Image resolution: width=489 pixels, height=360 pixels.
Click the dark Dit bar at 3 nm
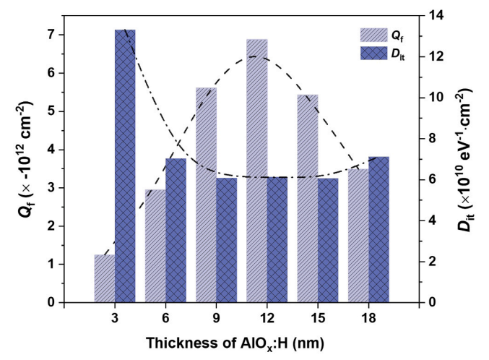(x=125, y=166)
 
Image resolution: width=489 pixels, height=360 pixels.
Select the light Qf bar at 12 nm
(x=256, y=171)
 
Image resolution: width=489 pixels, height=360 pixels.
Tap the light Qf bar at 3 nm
(x=105, y=278)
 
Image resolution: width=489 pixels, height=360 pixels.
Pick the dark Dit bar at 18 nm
(x=379, y=229)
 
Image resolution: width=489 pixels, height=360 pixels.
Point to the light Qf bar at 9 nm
(x=206, y=195)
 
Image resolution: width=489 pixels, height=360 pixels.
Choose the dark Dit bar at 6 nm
(x=176, y=231)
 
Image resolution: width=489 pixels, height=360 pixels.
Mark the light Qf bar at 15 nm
(x=308, y=198)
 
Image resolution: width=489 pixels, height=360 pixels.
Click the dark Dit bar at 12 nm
(x=277, y=240)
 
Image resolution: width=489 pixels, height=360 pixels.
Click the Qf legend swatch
(x=373, y=35)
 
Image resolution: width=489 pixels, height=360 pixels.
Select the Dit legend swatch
(x=373, y=53)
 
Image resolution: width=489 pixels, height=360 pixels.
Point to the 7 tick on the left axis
(x=61, y=35)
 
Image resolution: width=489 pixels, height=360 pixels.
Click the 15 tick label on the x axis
(x=318, y=318)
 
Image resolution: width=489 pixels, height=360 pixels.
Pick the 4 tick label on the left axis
(x=51, y=150)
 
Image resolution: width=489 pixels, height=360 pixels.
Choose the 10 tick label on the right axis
(x=436, y=97)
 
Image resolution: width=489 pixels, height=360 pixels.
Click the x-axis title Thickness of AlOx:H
(x=235, y=343)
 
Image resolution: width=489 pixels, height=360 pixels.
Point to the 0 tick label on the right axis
(x=432, y=302)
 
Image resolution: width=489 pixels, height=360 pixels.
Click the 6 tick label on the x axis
(x=165, y=318)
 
